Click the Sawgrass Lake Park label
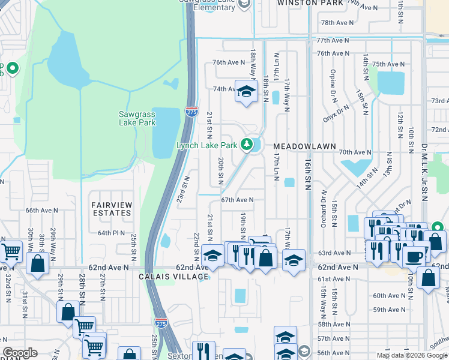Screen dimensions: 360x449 (x=137, y=118)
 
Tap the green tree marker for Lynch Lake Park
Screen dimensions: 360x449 (x=246, y=144)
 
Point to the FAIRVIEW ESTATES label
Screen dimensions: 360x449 (x=111, y=209)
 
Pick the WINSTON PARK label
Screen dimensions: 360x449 (x=310, y=3)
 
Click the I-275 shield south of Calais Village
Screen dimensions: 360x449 (x=160, y=323)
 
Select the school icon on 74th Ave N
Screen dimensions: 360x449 (x=244, y=92)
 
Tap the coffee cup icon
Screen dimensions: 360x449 (x=413, y=256)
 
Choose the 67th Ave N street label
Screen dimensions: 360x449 (x=237, y=200)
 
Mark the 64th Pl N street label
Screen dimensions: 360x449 (x=111, y=233)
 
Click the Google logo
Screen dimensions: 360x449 (x=20, y=353)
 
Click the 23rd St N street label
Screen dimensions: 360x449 (x=183, y=189)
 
